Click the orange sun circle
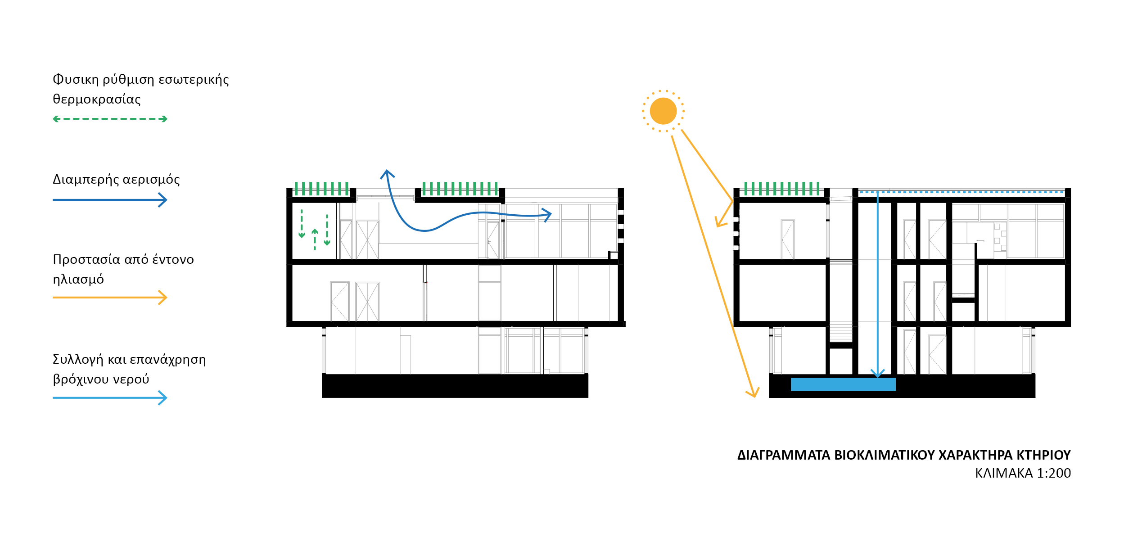(x=663, y=111)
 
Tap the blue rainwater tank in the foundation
(x=843, y=384)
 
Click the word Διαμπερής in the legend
(x=86, y=179)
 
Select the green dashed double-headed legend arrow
(x=110, y=119)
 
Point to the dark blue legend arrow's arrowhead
(x=163, y=200)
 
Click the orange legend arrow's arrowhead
(x=163, y=298)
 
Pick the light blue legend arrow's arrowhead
(x=163, y=398)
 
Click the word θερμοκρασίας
(x=97, y=99)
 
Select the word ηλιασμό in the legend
(x=78, y=280)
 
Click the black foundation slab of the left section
(x=455, y=386)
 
